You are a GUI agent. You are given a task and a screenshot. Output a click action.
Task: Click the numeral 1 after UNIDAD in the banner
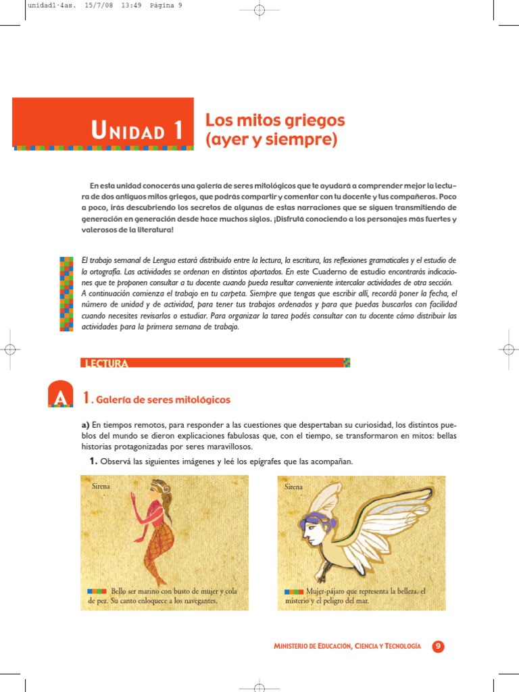point(178,130)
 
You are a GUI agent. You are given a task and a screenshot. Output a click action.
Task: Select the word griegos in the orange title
point(313,120)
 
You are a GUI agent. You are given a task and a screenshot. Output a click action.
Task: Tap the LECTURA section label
point(104,364)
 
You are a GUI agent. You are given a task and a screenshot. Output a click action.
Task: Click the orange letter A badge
point(60,399)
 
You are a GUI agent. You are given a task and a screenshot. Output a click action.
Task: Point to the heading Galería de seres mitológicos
point(163,399)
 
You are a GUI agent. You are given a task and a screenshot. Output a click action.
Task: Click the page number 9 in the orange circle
point(438,646)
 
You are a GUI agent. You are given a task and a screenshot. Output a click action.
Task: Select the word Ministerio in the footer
point(295,647)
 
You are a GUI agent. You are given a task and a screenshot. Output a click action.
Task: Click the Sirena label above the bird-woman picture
point(293,486)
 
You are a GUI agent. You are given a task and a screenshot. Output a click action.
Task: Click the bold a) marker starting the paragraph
point(85,424)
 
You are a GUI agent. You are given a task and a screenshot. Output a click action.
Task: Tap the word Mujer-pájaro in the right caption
point(326,591)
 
